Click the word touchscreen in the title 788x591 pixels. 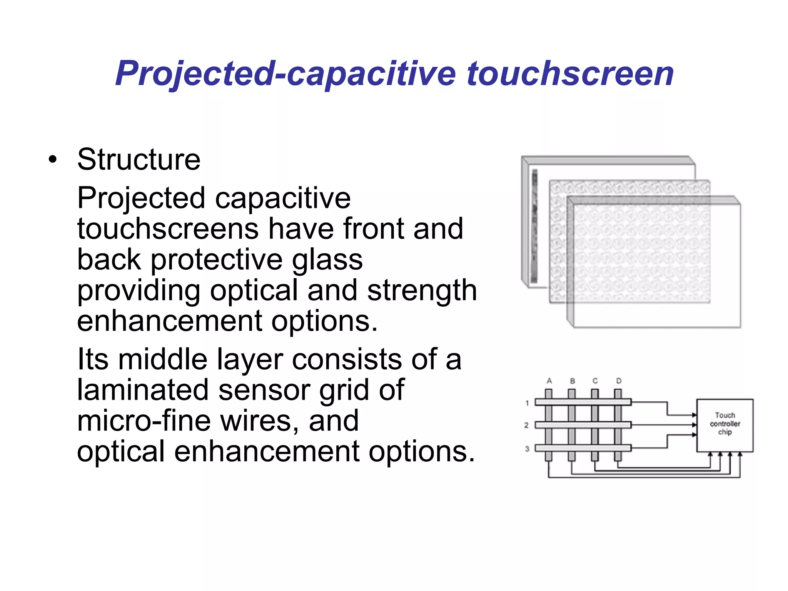pos(570,74)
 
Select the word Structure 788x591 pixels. pos(139,160)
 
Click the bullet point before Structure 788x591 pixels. pos(53,160)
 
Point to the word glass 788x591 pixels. pos(327,260)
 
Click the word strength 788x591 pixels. pos(422,290)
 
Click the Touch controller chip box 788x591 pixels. pos(725,425)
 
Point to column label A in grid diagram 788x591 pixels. pos(549,381)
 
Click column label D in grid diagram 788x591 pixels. pos(619,381)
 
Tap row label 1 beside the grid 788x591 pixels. pos(527,403)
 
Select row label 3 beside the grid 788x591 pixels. pos(527,449)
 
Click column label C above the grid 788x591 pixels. pos(595,381)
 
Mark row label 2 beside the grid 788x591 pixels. pos(526,425)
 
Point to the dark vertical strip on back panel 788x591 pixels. pos(534,227)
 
